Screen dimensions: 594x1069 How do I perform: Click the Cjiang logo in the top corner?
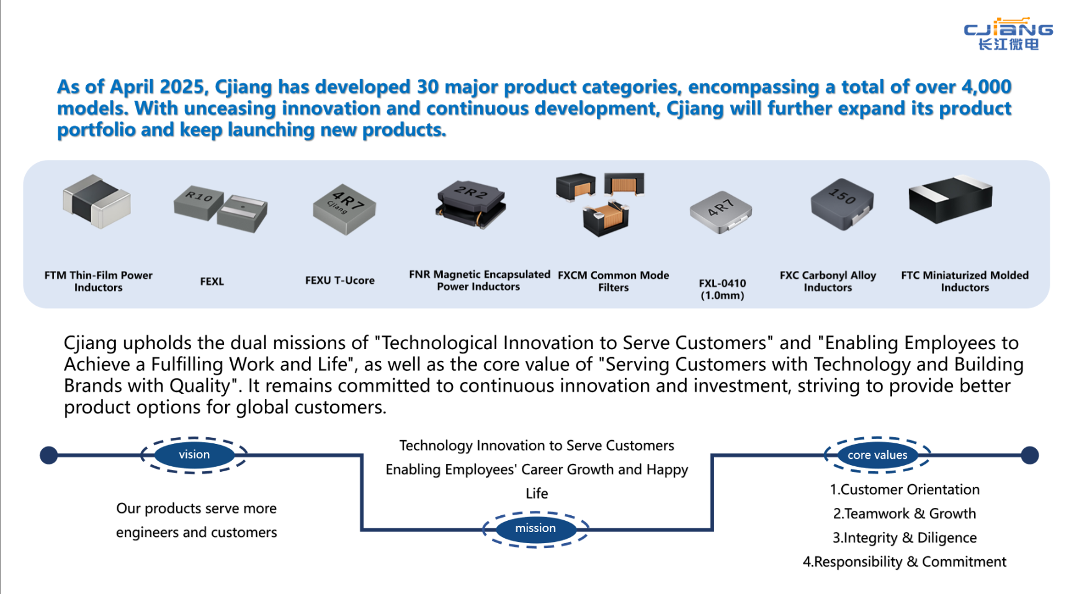(x=1008, y=34)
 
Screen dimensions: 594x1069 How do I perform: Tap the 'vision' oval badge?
(x=194, y=454)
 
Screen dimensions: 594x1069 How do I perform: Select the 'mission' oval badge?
(x=535, y=528)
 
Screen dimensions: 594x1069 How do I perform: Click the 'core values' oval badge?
(x=877, y=455)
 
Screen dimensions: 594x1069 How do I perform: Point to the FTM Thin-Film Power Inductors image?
(x=97, y=201)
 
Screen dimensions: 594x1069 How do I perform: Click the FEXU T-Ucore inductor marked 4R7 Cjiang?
(x=344, y=209)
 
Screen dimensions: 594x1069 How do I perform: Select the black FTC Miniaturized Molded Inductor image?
(x=950, y=199)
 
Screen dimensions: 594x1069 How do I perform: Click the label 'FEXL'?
(x=212, y=281)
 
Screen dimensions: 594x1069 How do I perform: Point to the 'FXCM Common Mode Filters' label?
(x=613, y=281)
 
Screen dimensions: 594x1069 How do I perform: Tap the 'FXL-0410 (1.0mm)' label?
(x=722, y=289)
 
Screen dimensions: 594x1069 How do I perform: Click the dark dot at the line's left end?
(x=48, y=455)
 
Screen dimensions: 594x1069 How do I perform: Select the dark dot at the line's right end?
(x=1029, y=455)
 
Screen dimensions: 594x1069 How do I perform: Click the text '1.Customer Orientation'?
(x=905, y=490)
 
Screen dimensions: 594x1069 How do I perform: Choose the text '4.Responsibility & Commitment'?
(x=904, y=562)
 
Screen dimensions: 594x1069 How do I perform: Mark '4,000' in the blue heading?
(x=986, y=87)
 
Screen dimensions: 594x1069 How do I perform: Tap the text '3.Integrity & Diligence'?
(x=904, y=538)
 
